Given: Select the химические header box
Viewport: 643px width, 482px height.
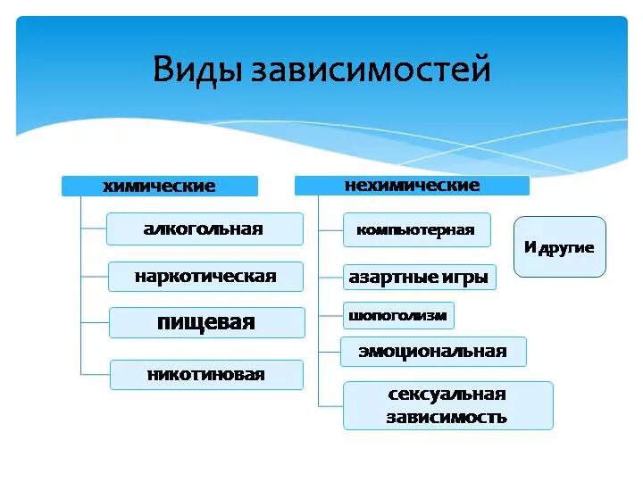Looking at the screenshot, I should coord(159,187).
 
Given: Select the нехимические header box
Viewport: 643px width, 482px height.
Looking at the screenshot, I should coord(412,186).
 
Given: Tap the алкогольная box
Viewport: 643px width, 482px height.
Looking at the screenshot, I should coord(204,229).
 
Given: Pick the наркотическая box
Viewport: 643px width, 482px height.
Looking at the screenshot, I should coord(205,277).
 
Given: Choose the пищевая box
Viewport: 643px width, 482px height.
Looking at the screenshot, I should coord(206,323).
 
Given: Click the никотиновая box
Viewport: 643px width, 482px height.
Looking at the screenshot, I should coord(206,375).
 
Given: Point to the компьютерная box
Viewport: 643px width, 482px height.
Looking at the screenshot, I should coord(416,230).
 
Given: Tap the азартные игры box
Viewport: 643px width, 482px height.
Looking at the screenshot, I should coord(418,278).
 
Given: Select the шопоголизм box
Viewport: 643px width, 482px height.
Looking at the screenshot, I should coord(397,315).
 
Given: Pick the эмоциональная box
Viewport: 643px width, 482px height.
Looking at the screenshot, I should coord(433,352).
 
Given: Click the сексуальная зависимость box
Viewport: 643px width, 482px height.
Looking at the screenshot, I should coord(447,405).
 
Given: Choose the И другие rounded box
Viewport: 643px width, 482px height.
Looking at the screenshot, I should coord(559,247).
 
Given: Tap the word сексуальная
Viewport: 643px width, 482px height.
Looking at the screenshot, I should coord(447,395).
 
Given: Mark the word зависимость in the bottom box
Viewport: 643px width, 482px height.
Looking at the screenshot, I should coord(447,417).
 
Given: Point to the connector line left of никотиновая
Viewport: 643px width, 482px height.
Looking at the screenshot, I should coord(95,374).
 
